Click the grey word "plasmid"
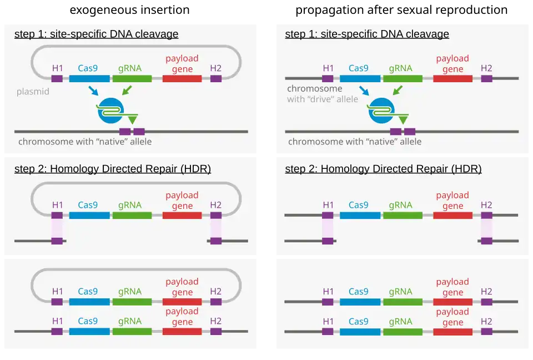coord(33,91)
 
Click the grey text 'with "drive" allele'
coord(323,99)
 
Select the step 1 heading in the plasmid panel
coord(96,34)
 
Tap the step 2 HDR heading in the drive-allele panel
coord(383,169)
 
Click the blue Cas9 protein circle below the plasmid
coord(108,111)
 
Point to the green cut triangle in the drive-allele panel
coord(403,119)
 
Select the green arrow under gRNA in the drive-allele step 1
coord(398,90)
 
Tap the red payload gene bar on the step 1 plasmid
coord(182,79)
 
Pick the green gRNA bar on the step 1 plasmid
coord(132,79)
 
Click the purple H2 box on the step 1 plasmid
coord(216,79)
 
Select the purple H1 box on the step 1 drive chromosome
coord(328,79)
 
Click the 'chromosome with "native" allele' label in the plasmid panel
coord(85,142)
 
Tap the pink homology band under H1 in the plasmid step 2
coord(57,228)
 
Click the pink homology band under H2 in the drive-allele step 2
coord(486,228)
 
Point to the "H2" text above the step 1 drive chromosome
coord(486,68)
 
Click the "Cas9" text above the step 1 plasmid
coord(88,68)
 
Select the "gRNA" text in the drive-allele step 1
coord(400,68)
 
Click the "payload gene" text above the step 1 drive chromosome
coord(452,64)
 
